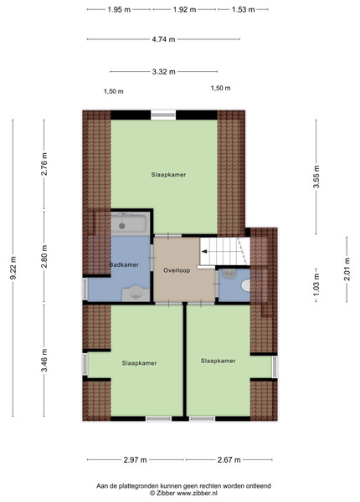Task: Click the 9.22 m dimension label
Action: (13, 268)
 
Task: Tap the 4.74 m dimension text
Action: (163, 39)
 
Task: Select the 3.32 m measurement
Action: (163, 71)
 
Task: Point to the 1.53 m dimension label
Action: (243, 9)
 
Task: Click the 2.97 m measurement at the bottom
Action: (135, 459)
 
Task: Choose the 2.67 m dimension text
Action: (229, 459)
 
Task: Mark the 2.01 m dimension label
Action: (347, 269)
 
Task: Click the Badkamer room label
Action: (124, 264)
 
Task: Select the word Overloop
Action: (177, 270)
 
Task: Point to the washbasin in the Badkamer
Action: (136, 294)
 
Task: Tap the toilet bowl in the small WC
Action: (246, 285)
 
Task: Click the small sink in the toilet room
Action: (229, 273)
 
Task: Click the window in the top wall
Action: (163, 115)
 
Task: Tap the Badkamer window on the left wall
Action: (85, 289)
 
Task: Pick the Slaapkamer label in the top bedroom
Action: (168, 175)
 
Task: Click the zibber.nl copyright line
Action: (184, 493)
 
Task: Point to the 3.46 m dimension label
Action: (44, 360)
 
